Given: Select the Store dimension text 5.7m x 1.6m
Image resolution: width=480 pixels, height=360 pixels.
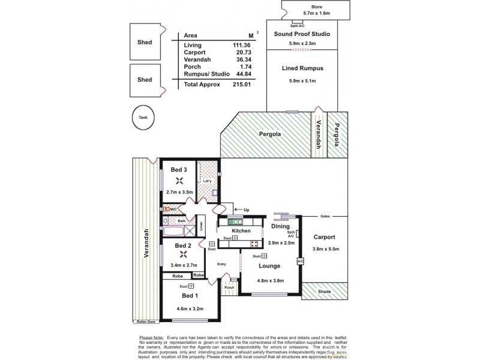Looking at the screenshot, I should pos(310,11).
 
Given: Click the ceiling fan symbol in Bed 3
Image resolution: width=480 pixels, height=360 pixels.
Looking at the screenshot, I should pos(179,181).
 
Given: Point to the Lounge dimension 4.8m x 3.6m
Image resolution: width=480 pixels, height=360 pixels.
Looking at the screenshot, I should pos(268,280).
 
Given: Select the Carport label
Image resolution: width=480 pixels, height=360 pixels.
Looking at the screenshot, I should pos(324,237).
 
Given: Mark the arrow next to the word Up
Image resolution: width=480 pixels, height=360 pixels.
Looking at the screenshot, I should pos(238,209).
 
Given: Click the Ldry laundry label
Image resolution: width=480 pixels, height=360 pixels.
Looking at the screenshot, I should pos(207,181).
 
